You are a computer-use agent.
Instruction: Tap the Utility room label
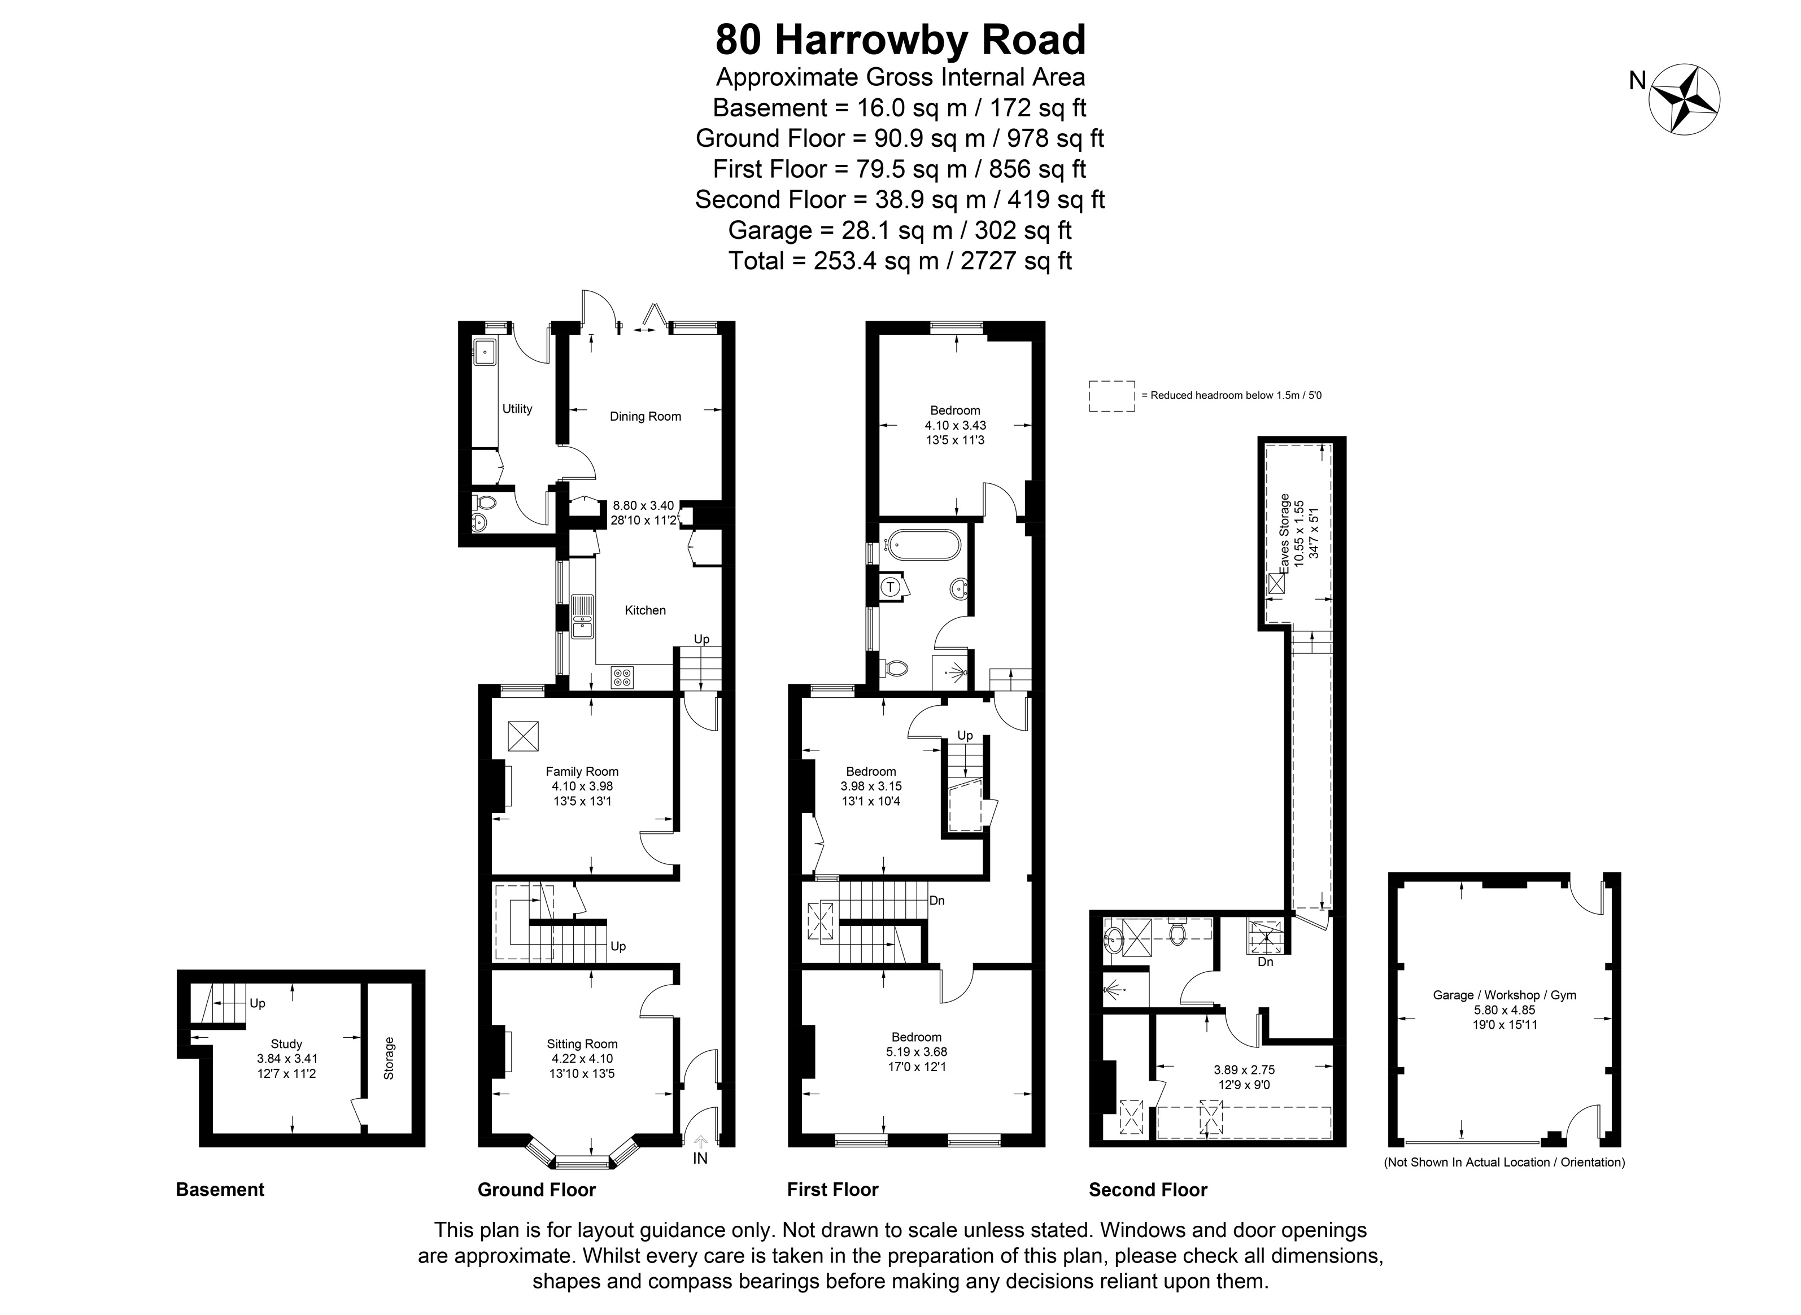point(517,408)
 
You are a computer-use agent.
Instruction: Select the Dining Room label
point(645,416)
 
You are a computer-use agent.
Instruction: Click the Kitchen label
point(645,610)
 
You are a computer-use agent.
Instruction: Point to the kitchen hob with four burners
point(622,678)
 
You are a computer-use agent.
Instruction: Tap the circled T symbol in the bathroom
point(892,587)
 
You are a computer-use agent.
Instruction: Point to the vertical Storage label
point(389,1058)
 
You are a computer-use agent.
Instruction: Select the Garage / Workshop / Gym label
point(1504,995)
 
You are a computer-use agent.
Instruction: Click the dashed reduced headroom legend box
point(1111,396)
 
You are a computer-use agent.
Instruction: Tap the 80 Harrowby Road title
point(900,40)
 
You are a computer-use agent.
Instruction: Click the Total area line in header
point(900,260)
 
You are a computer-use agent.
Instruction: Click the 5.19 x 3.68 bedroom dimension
point(917,1051)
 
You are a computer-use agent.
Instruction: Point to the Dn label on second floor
point(1265,962)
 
